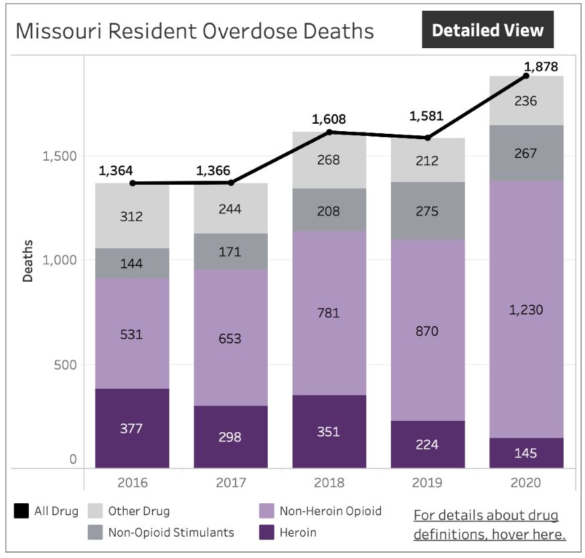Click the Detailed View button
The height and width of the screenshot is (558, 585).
[x=487, y=30]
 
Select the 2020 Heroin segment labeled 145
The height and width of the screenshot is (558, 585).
[x=525, y=453]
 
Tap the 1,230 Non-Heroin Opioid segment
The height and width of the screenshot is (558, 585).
[x=525, y=309]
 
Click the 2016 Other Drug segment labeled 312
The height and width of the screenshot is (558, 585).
[x=131, y=216]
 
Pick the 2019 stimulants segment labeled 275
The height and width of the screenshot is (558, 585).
[x=427, y=211]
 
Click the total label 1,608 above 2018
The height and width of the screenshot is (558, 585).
[x=329, y=120]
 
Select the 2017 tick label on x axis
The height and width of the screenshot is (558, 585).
[x=230, y=483]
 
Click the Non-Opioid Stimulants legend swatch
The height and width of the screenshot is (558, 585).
[x=95, y=533]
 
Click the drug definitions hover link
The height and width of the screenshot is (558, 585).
[x=489, y=525]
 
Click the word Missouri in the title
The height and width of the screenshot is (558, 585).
[x=56, y=31]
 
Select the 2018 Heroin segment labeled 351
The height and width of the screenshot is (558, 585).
[x=329, y=432]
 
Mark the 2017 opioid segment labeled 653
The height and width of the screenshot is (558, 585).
[x=230, y=338]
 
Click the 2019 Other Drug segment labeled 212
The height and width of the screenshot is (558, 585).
[x=427, y=161]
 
